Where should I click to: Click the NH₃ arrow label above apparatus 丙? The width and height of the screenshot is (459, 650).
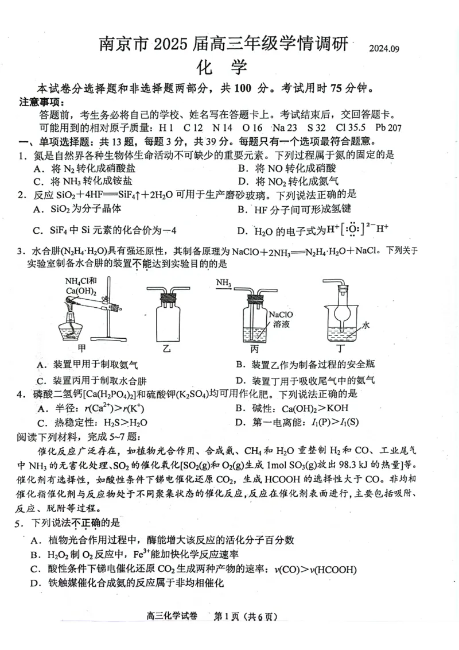(x=224, y=282)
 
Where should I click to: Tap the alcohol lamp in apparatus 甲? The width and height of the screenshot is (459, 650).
(x=73, y=329)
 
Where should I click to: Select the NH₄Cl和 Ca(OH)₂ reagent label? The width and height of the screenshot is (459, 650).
(x=81, y=285)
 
